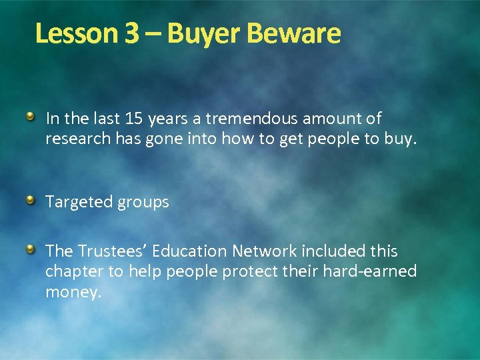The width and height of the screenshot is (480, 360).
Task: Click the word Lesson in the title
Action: coord(77,33)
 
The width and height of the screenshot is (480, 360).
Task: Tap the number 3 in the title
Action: coord(131,33)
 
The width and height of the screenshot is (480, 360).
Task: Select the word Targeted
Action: coord(77,202)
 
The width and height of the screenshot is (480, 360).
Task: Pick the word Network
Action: coord(264,251)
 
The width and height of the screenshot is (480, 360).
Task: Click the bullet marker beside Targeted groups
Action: coord(31,201)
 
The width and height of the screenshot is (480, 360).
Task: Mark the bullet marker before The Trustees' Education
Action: coord(31,250)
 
